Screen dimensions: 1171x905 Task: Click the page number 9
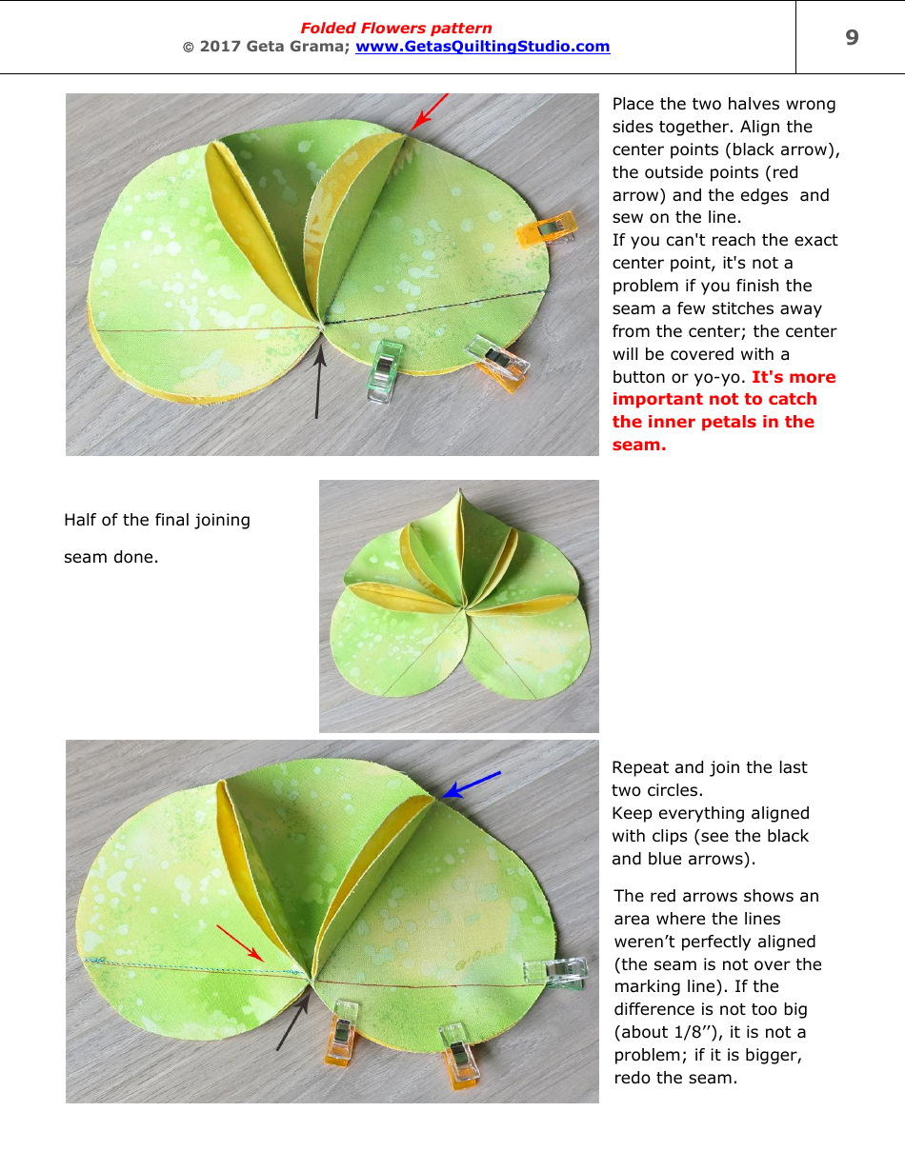tap(852, 38)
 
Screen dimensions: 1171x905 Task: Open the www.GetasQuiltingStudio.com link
tap(482, 47)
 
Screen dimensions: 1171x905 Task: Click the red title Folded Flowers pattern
tap(396, 29)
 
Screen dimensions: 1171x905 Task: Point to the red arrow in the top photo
tap(429, 112)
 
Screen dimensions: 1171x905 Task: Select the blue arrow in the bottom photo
tap(473, 784)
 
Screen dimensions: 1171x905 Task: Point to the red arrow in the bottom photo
tap(239, 942)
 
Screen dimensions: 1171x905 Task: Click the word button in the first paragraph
tap(641, 377)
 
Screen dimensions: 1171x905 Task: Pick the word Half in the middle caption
tap(81, 520)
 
